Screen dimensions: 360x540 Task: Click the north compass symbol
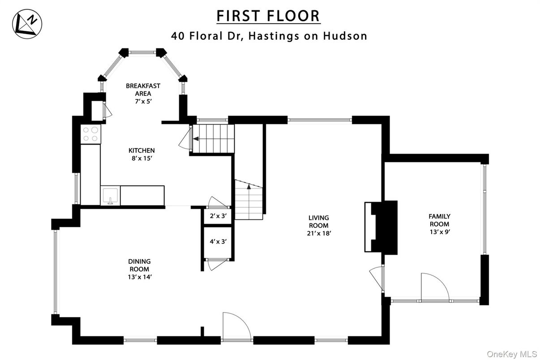(x=27, y=24)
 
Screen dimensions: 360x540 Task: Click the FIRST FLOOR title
(x=268, y=16)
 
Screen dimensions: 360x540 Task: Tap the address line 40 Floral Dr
(x=269, y=36)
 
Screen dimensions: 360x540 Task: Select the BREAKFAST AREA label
(x=143, y=90)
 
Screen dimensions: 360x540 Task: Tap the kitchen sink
(x=110, y=196)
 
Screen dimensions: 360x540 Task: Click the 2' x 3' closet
(x=218, y=216)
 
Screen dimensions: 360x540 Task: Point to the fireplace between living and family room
(x=381, y=227)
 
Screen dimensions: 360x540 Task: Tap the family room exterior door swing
(x=434, y=287)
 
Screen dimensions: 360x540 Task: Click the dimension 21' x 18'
(x=318, y=233)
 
